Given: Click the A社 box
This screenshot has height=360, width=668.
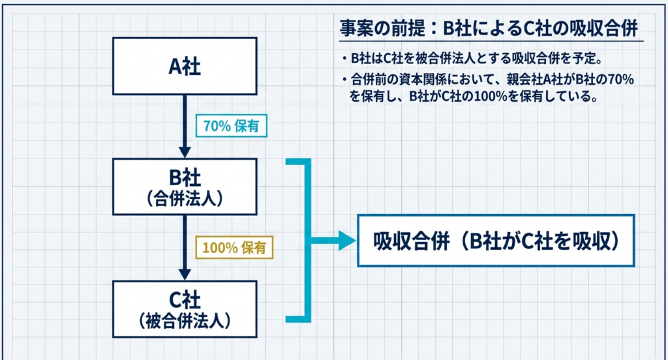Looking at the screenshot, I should click(185, 67).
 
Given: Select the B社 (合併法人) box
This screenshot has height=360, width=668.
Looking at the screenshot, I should click(185, 187).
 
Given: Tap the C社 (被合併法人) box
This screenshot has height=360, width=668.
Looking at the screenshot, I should click(185, 308).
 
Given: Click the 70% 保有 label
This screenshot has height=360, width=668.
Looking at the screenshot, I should click(231, 126).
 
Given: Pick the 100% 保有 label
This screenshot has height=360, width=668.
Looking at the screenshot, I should click(234, 248).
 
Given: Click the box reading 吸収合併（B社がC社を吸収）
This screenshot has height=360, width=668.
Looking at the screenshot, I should click(496, 241).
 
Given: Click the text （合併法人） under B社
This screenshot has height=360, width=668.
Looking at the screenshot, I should click(185, 198).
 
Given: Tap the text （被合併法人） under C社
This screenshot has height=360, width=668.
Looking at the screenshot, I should click(185, 320).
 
